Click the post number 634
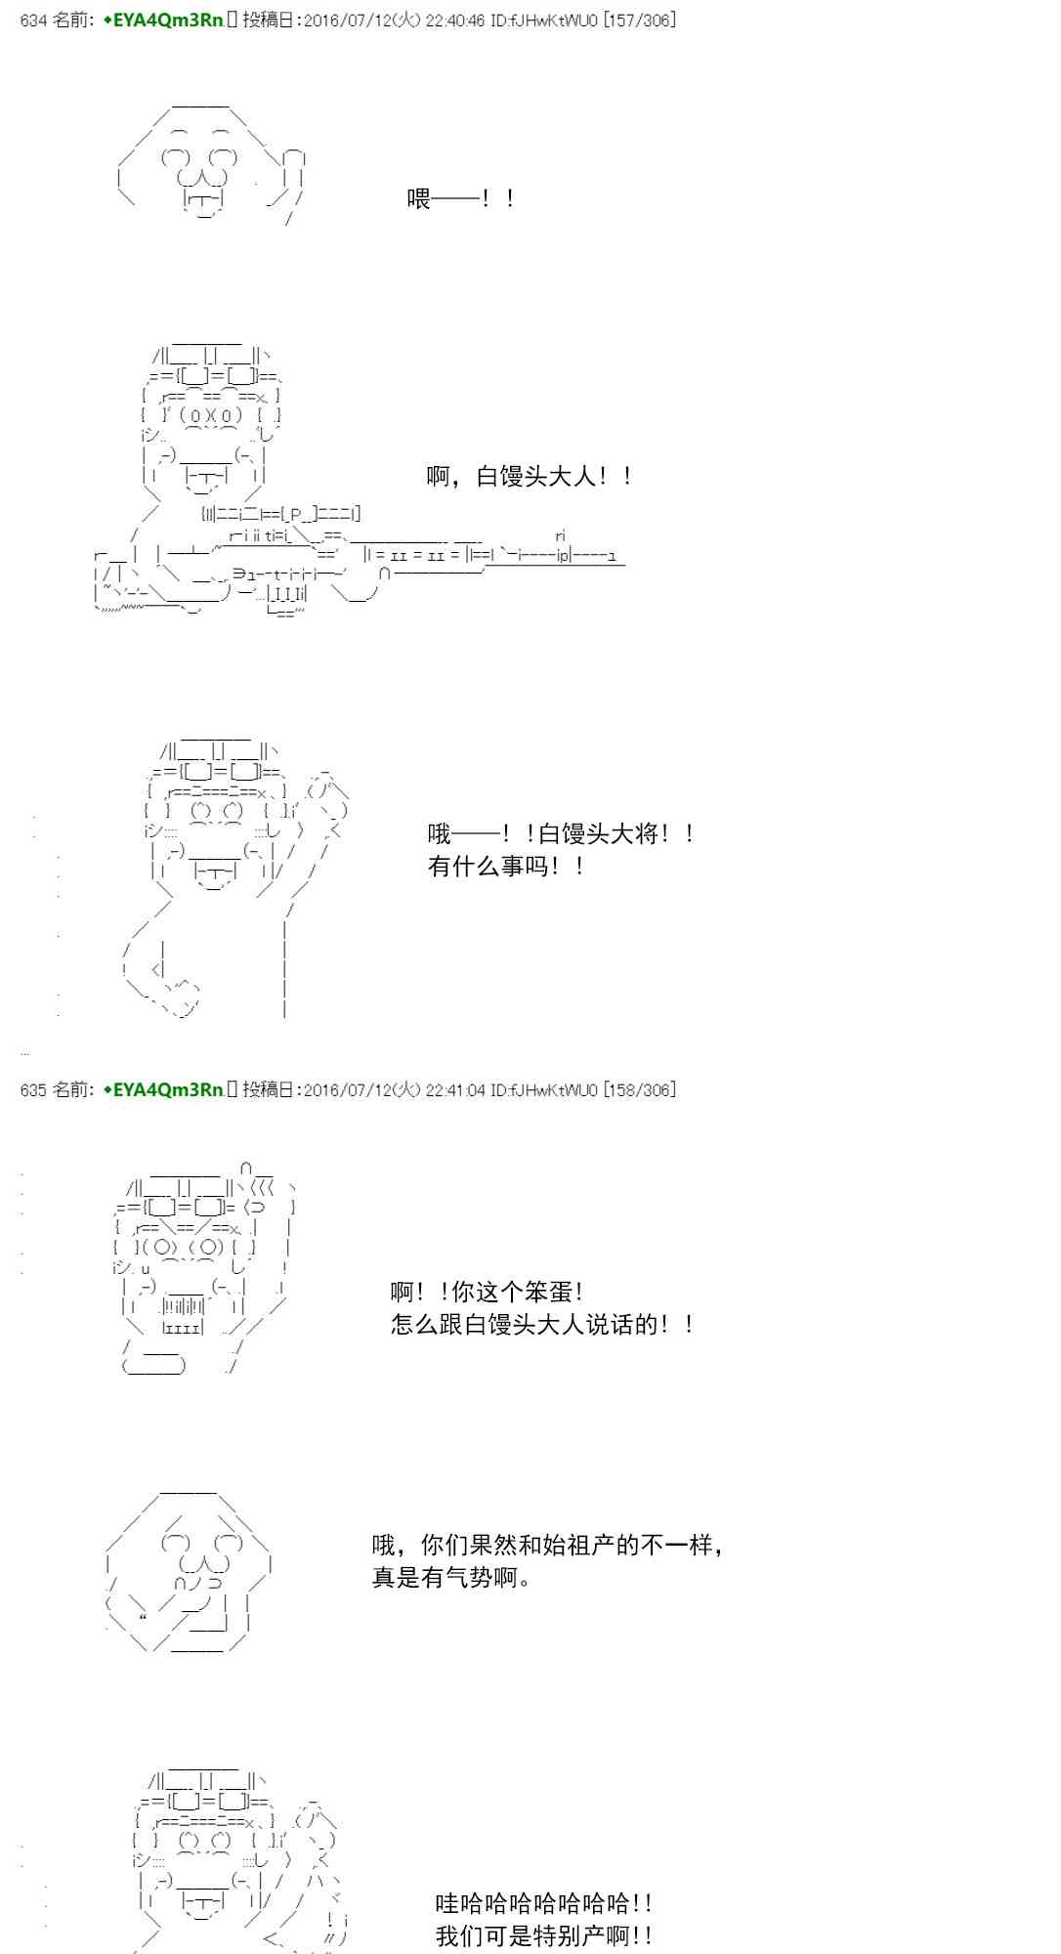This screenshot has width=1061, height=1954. [x=33, y=21]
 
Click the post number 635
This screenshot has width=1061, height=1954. [x=33, y=1089]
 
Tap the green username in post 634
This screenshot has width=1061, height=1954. [x=164, y=21]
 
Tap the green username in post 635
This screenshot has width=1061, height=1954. [x=164, y=1089]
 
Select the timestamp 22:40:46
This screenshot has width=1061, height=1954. [x=454, y=21]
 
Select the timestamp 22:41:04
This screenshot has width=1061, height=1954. [x=454, y=1089]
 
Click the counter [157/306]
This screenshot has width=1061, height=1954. [x=640, y=21]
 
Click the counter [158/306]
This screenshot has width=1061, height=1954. [x=640, y=1089]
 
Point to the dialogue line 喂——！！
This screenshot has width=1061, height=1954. [x=461, y=199]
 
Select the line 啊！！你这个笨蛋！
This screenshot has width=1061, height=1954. [x=488, y=1292]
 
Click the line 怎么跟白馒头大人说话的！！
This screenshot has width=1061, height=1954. [x=543, y=1324]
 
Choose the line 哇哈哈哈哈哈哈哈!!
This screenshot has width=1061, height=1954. [x=544, y=1902]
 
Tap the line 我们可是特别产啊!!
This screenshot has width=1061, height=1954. [x=544, y=1934]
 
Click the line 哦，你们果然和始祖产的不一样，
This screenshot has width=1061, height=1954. [x=548, y=1545]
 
